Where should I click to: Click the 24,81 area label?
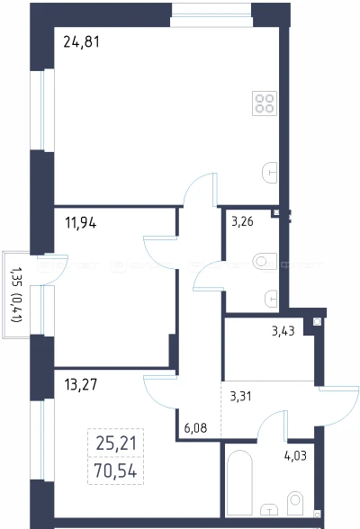[81, 42]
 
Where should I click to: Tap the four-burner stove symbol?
[265, 103]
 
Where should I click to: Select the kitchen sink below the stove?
[270, 173]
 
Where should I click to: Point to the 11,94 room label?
[81, 223]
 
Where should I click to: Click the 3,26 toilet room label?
[242, 221]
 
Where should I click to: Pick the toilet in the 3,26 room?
[265, 261]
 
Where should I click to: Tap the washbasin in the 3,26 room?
[271, 299]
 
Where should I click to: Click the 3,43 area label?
[283, 331]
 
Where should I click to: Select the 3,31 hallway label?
[240, 396]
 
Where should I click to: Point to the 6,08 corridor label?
[195, 428]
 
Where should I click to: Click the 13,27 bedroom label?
[81, 384]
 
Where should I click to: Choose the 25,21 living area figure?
[116, 444]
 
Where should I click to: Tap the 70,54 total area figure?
[116, 471]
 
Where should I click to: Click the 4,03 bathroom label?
[295, 456]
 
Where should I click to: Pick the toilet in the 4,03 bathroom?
[295, 503]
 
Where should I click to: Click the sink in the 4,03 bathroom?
[270, 509]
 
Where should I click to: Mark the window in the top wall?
[211, 15]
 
